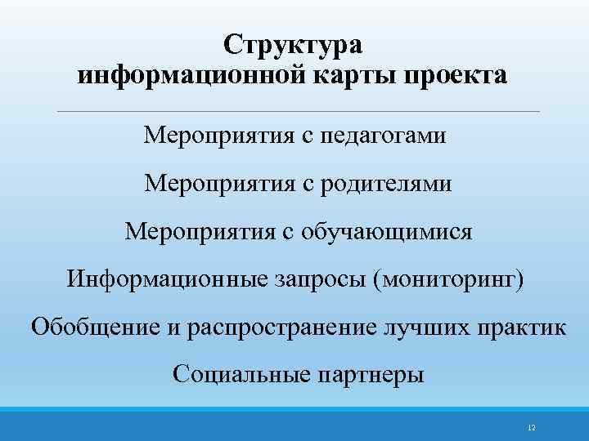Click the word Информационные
pos(167,279)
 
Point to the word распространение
pos(291,328)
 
